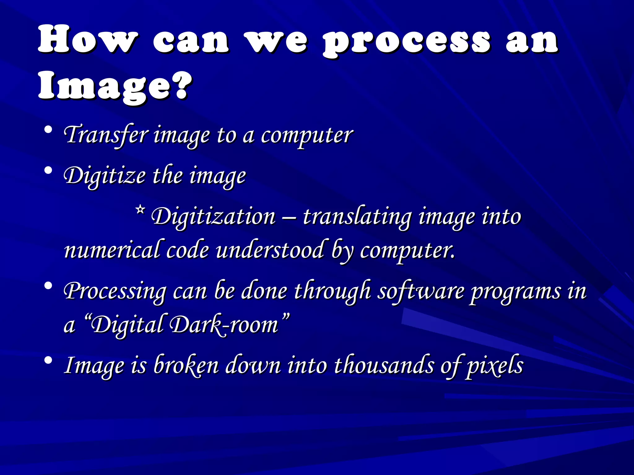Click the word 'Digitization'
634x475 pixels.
[213, 216]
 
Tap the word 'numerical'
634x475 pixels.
[112, 250]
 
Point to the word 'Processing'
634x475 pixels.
[115, 292]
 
